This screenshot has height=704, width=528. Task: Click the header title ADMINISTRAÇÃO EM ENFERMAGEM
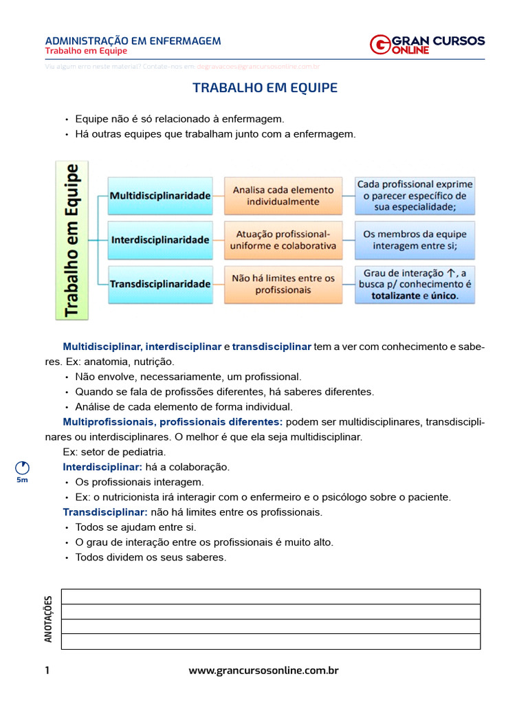(x=133, y=41)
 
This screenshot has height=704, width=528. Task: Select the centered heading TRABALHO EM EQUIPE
(x=265, y=88)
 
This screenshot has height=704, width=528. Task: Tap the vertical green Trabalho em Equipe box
(x=71, y=239)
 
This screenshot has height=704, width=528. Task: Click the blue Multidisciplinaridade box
(x=160, y=196)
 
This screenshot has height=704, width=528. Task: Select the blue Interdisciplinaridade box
(x=160, y=240)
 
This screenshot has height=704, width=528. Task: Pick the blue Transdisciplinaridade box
(x=160, y=283)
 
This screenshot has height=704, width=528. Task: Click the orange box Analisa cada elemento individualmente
(x=283, y=196)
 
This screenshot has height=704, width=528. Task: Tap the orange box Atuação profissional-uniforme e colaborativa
(x=283, y=240)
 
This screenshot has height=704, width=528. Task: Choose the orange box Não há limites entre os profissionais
(x=283, y=283)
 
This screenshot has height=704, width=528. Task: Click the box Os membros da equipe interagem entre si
(x=415, y=240)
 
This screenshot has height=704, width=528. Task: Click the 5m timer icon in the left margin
(x=22, y=468)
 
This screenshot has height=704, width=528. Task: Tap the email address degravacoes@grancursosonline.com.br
(x=258, y=67)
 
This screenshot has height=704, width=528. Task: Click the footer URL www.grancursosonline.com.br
(x=263, y=670)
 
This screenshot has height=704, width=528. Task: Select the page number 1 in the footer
(x=47, y=670)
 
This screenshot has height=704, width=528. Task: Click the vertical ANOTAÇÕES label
(x=48, y=619)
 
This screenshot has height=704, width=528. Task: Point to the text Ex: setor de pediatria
(x=114, y=452)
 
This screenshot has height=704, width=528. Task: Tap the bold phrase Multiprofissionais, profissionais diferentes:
(x=173, y=421)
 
